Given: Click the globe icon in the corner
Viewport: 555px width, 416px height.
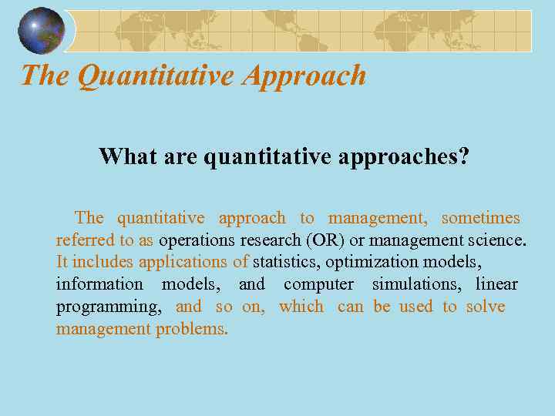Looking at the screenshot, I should coord(42,30).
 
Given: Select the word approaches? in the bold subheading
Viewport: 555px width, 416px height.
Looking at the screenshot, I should coord(400,157).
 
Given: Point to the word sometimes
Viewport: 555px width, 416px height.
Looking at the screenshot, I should coord(480,218).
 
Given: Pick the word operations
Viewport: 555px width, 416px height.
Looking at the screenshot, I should coord(197,240).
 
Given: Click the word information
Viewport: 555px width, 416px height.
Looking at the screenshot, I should coord(99,284).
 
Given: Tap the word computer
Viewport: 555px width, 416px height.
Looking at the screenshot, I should coord(318,284).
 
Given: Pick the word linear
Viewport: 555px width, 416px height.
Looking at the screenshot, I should coord(496,284).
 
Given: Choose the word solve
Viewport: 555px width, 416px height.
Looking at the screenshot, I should coord(486,306).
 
